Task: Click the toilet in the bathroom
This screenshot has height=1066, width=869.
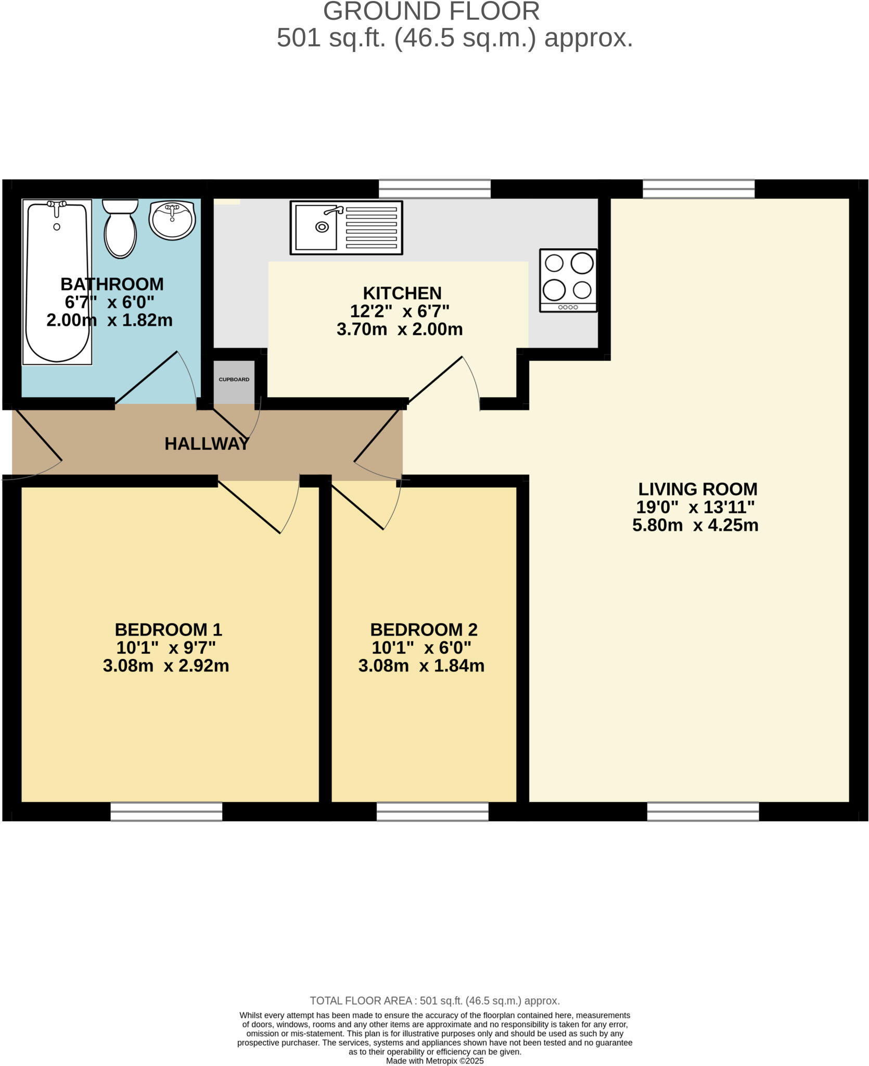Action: tap(120, 229)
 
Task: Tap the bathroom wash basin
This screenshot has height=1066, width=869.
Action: tap(172, 220)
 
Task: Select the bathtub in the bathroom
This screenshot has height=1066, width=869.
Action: tap(57, 282)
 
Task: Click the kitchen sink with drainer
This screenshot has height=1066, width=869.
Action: tap(346, 227)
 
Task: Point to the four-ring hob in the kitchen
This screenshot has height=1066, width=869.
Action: tap(568, 280)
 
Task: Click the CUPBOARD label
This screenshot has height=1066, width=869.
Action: tap(234, 379)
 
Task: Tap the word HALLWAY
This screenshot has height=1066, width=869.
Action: tap(207, 443)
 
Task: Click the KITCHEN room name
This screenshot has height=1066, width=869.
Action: tap(402, 293)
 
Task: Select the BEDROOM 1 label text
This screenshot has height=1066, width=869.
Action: tap(168, 630)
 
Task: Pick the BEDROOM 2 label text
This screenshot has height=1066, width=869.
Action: tap(424, 630)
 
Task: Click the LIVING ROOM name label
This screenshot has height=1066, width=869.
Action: tap(697, 489)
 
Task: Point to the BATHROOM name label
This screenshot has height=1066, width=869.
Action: tap(112, 284)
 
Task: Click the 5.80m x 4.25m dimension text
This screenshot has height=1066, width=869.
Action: tap(695, 525)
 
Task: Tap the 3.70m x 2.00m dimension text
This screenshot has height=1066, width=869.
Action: tap(400, 329)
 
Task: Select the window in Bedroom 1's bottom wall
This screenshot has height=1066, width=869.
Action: tap(166, 811)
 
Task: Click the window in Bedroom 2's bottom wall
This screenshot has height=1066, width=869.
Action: tap(432, 811)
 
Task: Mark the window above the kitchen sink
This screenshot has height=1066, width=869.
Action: tap(434, 189)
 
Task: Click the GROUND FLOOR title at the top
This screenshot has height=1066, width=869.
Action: tap(431, 11)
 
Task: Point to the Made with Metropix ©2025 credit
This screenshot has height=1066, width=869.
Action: tap(434, 1061)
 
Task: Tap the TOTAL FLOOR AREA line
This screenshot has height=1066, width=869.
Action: tap(434, 1000)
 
